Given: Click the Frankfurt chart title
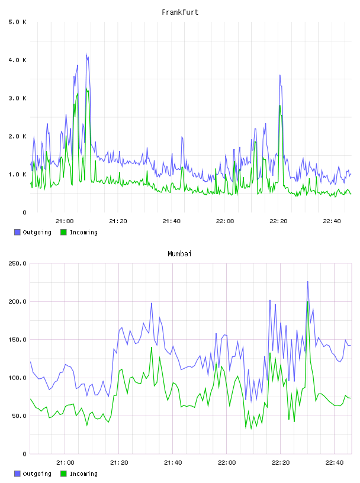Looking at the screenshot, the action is click(x=180, y=12).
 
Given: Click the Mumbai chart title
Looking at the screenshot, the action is click(x=179, y=254).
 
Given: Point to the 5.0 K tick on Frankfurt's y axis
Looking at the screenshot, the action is click(x=17, y=22).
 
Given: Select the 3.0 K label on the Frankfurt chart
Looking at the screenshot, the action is click(x=17, y=98).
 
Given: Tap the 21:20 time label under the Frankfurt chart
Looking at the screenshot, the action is click(x=118, y=221).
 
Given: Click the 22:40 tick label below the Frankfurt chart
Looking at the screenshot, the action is click(x=332, y=221).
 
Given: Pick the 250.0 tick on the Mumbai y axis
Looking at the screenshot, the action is click(x=17, y=263).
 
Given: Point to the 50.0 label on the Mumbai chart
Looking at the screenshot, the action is click(x=19, y=416).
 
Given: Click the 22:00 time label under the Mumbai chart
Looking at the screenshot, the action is click(x=227, y=462).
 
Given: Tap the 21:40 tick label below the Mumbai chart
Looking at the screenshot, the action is click(x=173, y=462).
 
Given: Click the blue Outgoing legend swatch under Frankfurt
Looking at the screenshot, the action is click(x=17, y=232).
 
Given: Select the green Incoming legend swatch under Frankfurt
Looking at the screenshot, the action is click(x=63, y=232).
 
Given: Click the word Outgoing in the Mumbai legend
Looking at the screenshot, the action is click(x=37, y=474).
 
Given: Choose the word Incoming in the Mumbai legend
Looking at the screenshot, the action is click(x=83, y=474).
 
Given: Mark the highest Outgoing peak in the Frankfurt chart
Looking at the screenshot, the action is click(x=86, y=54).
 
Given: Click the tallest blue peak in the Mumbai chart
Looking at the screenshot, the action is click(x=308, y=282).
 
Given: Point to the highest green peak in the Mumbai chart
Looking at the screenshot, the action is click(x=308, y=302).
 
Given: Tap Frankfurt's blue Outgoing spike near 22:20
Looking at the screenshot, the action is click(x=280, y=75).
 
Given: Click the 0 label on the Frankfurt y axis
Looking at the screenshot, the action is click(x=24, y=212).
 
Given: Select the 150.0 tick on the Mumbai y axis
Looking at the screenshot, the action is click(x=17, y=340).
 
